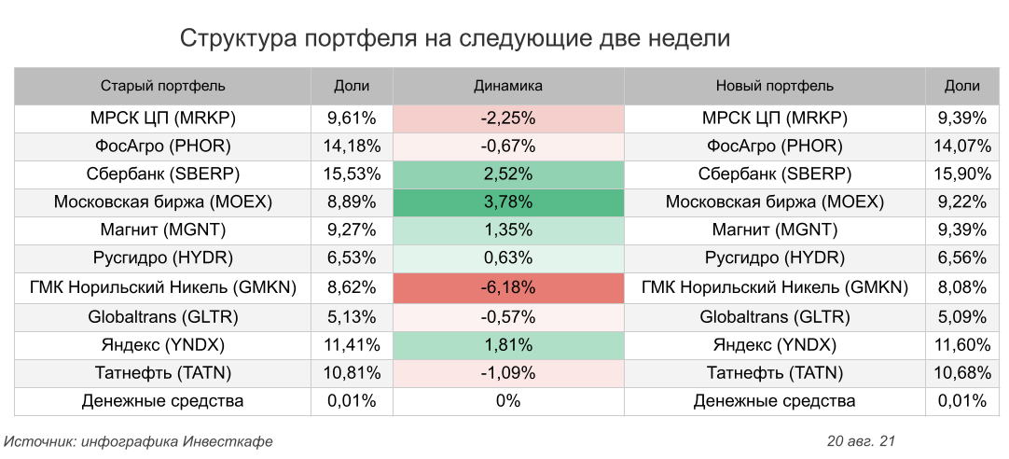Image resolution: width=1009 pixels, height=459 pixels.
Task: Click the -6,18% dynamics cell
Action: pyautogui.click(x=508, y=288)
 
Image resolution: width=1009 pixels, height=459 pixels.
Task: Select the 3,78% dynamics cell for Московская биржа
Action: pyautogui.click(x=508, y=202)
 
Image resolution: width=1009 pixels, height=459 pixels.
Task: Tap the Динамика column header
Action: pyautogui.click(x=508, y=86)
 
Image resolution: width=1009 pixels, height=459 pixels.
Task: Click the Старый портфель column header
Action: pyautogui.click(x=163, y=86)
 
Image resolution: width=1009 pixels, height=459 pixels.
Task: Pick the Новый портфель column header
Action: pyautogui.click(x=774, y=86)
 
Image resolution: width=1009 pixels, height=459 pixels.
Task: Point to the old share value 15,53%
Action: pyautogui.click(x=352, y=174)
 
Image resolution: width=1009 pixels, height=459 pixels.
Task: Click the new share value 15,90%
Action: pyautogui.click(x=961, y=174)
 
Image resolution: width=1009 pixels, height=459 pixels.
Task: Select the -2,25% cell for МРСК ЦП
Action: pyautogui.click(x=508, y=118)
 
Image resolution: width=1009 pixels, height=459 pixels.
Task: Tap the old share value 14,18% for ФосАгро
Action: pyautogui.click(x=352, y=146)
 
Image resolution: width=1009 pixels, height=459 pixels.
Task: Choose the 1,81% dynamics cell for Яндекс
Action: pyautogui.click(x=508, y=345)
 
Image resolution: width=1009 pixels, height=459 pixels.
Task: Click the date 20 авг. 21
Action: pyautogui.click(x=860, y=440)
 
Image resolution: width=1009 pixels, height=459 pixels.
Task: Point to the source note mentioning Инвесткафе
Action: pyautogui.click(x=139, y=440)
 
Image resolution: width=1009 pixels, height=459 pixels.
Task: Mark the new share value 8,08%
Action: pyautogui.click(x=961, y=288)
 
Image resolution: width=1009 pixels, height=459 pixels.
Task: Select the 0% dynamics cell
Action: pyautogui.click(x=508, y=402)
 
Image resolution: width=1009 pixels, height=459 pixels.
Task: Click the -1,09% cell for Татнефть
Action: pyautogui.click(x=508, y=373)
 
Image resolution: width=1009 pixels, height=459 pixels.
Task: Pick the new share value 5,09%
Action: pyautogui.click(x=961, y=317)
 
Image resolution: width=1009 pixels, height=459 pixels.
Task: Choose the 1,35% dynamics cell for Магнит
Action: pyautogui.click(x=508, y=230)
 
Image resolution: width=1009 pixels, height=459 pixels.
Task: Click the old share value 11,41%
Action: pyautogui.click(x=352, y=345)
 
